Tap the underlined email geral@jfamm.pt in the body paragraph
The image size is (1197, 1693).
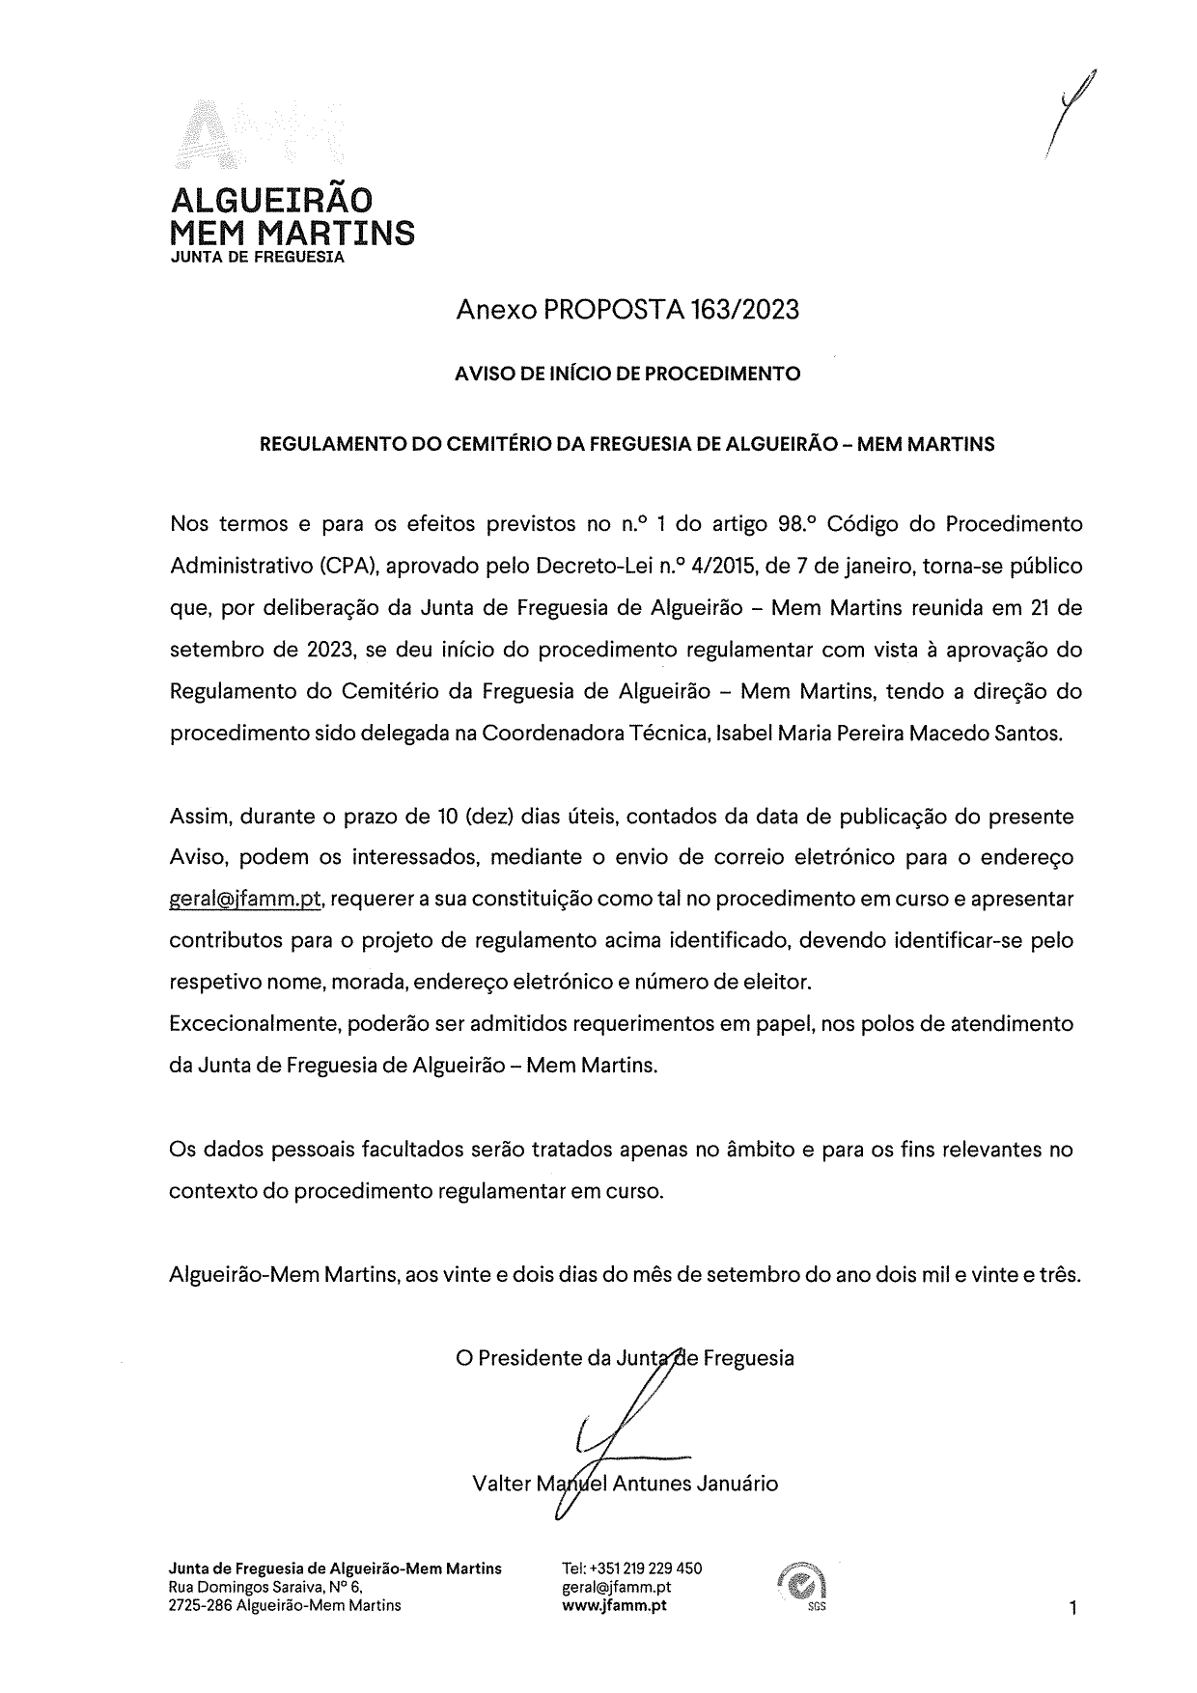tap(244, 900)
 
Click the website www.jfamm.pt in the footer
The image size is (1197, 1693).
tap(614, 1606)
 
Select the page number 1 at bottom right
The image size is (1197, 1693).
tap(1072, 1608)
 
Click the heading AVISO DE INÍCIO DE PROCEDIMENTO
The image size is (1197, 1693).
tap(627, 374)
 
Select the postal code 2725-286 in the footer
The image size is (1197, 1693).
tap(200, 1606)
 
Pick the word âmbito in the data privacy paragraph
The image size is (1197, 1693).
tap(764, 1151)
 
